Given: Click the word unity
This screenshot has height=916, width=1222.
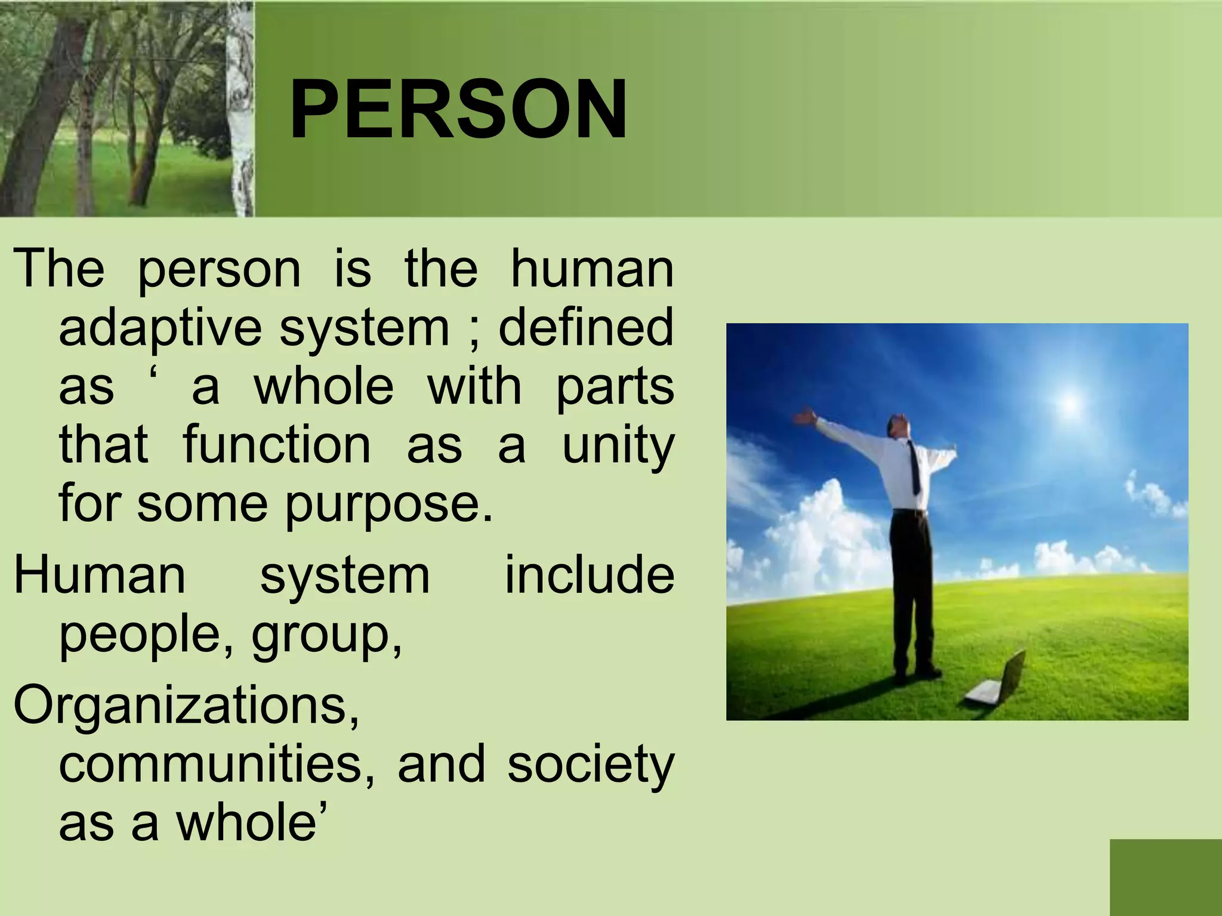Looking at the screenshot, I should click(x=618, y=445).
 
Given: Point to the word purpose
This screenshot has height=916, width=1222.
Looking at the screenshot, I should click(x=389, y=505).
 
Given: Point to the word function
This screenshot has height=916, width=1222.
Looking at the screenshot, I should click(x=276, y=445).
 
